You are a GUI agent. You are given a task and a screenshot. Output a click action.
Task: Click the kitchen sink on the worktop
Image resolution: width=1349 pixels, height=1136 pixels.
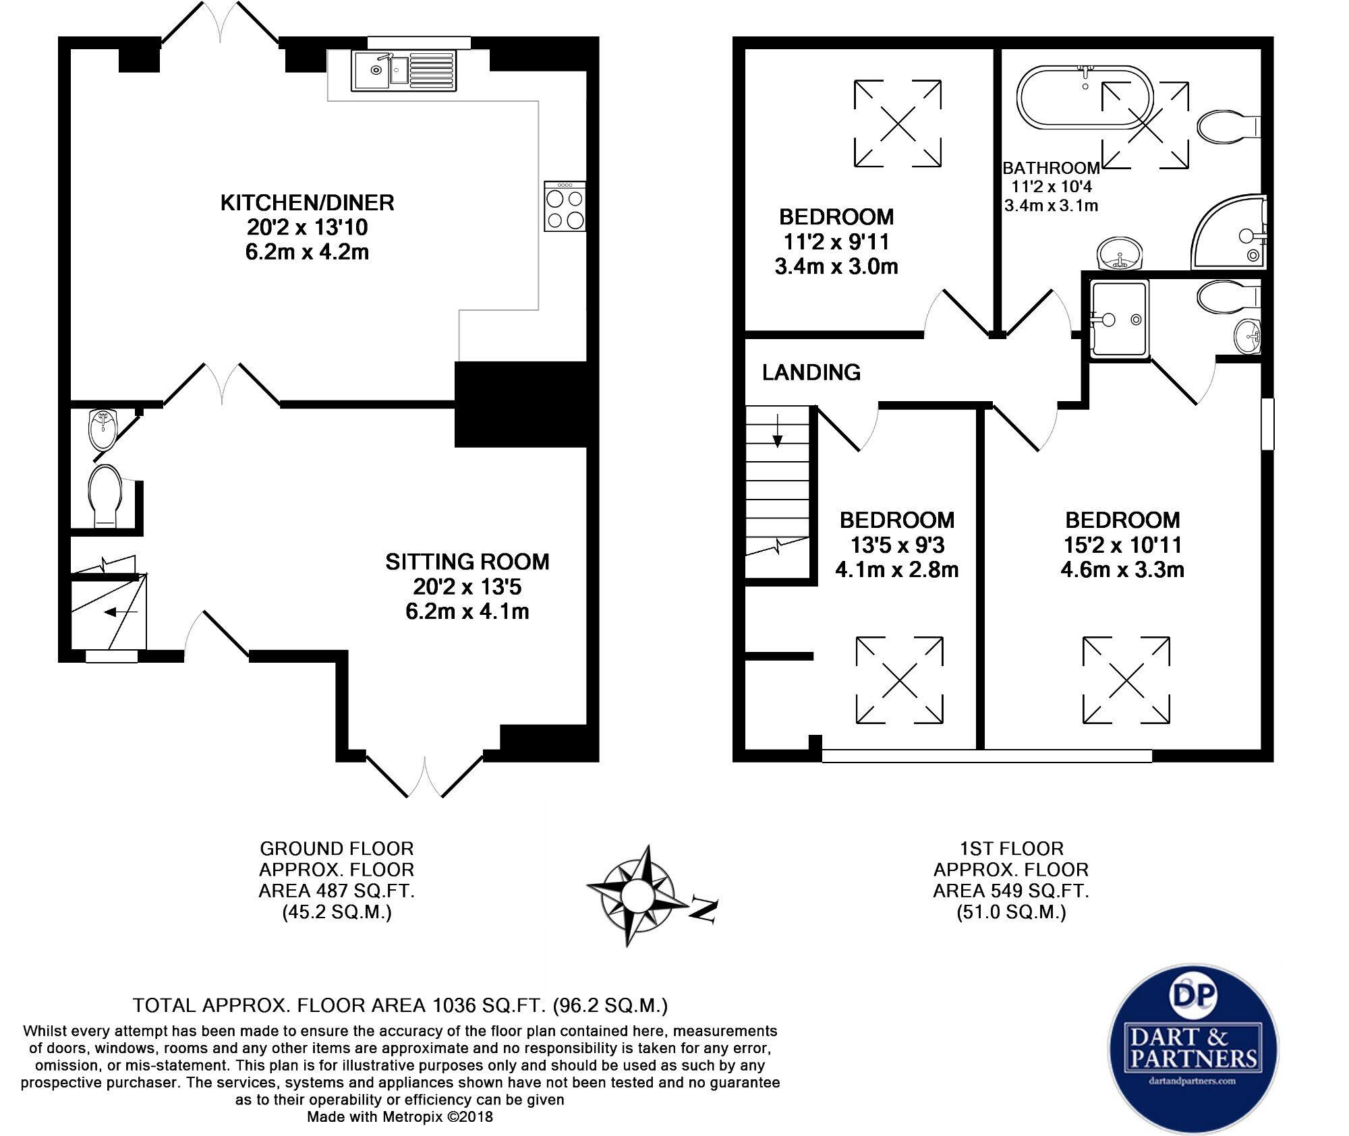403,70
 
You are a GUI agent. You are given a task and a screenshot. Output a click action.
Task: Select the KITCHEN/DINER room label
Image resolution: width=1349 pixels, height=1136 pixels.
307,202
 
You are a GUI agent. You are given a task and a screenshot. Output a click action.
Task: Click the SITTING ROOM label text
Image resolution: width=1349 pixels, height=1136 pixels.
467,562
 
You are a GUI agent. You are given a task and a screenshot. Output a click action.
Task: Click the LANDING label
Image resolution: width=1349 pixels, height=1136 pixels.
811,372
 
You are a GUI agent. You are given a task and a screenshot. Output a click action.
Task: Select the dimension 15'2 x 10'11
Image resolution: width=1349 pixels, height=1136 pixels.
1122,545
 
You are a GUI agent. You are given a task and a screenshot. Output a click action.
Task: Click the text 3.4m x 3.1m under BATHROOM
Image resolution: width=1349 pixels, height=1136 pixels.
1051,206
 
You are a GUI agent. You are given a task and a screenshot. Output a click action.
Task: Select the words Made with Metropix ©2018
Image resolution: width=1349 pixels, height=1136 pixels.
400,1117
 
